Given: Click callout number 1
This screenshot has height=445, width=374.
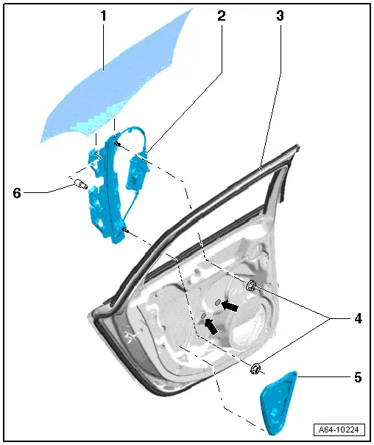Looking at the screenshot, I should coord(103,15).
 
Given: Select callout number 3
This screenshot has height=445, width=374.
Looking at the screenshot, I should coord(280,15).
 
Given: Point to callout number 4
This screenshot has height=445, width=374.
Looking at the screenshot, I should coord(359,319).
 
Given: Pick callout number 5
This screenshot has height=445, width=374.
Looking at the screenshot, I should coord(358,378).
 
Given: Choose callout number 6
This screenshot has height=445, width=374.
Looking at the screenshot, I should coord(16,193).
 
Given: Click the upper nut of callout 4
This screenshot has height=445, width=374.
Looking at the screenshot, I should coord(251,286).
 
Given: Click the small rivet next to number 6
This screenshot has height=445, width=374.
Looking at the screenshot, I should coord(79,184).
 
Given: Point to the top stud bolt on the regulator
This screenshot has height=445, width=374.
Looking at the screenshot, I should coord(118,144).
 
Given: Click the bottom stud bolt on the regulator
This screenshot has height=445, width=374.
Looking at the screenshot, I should coord(129,231).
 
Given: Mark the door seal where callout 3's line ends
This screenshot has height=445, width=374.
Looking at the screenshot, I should coord(261,169).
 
